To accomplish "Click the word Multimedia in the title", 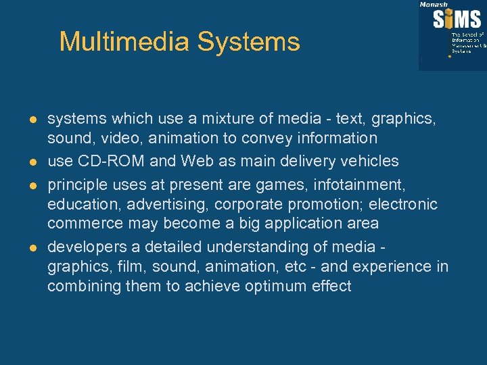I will click(124, 42).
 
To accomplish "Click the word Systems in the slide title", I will click(248, 42).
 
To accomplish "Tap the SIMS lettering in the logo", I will click(457, 18).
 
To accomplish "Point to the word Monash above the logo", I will click(434, 4).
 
